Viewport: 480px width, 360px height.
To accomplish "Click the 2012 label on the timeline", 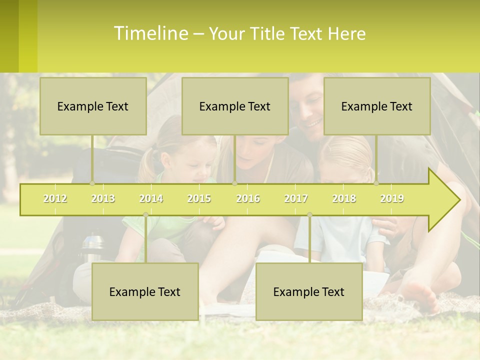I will tap(55, 198).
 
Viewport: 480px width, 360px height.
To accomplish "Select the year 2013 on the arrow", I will tap(103, 198).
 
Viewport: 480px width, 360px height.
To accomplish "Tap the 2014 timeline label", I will tap(151, 198).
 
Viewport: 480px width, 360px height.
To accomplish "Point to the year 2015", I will tap(199, 198).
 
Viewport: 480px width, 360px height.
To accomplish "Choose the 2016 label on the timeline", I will tap(248, 198).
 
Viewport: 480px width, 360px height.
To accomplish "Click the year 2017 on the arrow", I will tap(296, 198).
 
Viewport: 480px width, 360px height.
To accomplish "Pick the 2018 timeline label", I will tap(344, 198).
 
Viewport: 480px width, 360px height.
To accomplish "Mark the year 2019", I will tap(392, 198).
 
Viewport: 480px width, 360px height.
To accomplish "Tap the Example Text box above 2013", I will tap(93, 106).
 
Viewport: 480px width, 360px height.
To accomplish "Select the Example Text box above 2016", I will tap(235, 106).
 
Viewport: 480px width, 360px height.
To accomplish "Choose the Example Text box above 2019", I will tap(377, 106).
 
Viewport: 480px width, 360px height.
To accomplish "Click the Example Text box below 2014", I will tap(145, 291).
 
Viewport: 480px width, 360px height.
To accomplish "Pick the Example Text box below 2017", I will tap(309, 291).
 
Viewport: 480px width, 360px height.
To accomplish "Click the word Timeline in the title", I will tap(150, 33).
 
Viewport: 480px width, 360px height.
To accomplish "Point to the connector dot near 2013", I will tap(92, 183).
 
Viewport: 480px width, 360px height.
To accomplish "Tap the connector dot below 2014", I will tap(145, 215).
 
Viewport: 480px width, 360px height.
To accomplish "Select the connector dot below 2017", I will tap(309, 215).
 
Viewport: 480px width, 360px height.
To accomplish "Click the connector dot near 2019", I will tap(376, 183).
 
